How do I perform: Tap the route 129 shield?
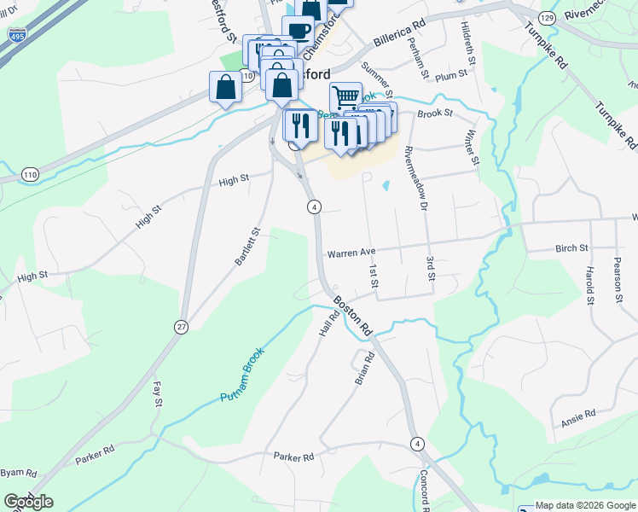pos(547,17)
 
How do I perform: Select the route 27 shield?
pos(181,327)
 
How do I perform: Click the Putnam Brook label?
pos(242,375)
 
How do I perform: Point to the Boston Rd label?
pos(353,316)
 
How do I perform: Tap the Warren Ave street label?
pos(351,253)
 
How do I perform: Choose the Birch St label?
pos(571,248)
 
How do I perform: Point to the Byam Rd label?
pos(18,472)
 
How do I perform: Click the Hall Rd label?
pos(330,323)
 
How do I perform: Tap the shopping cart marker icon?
pos(345,96)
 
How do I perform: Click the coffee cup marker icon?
pos(298,31)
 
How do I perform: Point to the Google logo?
pos(28,502)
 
